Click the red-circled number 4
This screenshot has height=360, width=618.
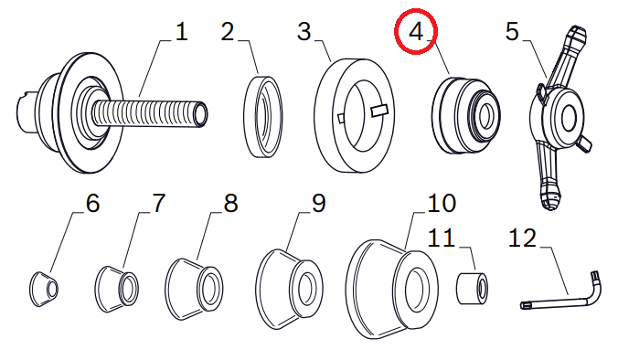pos(416,32)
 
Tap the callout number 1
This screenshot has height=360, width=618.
pos(181,31)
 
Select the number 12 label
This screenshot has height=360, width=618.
pos(522,238)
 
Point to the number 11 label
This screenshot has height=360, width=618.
pos(441,238)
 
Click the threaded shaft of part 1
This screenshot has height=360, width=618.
pos(150,113)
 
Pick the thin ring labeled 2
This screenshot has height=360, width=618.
pos(263,117)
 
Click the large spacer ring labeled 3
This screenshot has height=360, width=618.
pos(354,115)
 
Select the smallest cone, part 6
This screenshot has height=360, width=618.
pos(44,289)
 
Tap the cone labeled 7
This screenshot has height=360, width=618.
pos(116,290)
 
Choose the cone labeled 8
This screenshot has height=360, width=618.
pos(194,289)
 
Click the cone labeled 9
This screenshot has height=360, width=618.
pos(289,289)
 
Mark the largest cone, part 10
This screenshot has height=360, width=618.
pos(391,289)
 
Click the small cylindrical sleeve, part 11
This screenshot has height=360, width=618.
pos(473,287)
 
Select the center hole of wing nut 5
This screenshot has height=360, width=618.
pos(569,118)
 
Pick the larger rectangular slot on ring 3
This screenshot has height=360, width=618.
pos(380,111)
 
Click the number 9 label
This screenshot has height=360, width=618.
pos(319,203)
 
